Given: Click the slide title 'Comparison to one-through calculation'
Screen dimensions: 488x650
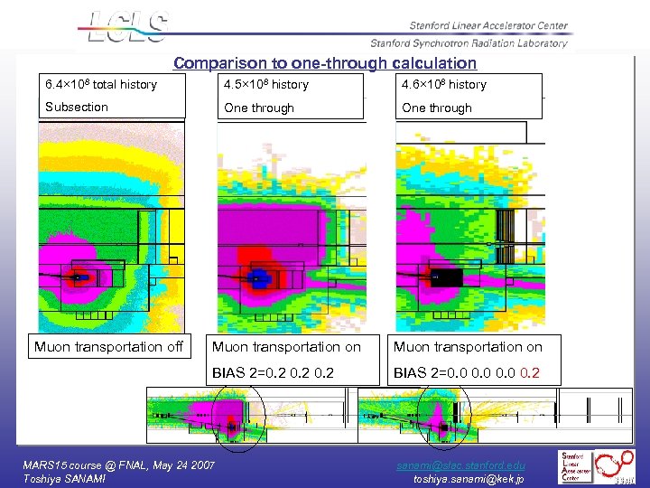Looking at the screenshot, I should [325, 63].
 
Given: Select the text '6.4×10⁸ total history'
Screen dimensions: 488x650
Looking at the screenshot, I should [101, 85].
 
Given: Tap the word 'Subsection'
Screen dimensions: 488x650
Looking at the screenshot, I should [77, 107].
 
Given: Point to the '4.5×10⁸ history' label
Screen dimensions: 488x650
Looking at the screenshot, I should [266, 85].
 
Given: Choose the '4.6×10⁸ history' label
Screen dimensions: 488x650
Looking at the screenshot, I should [444, 85].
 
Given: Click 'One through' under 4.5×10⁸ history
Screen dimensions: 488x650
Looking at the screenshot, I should [259, 108].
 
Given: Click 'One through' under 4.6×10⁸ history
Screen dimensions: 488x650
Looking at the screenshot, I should [437, 108].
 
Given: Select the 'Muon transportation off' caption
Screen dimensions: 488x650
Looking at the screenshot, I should [108, 346].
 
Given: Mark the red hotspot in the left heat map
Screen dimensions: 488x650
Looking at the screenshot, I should [79, 277].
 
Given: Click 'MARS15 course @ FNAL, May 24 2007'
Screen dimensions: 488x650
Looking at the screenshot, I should [118, 464].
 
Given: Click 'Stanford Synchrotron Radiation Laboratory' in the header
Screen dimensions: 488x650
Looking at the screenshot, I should [469, 42].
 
